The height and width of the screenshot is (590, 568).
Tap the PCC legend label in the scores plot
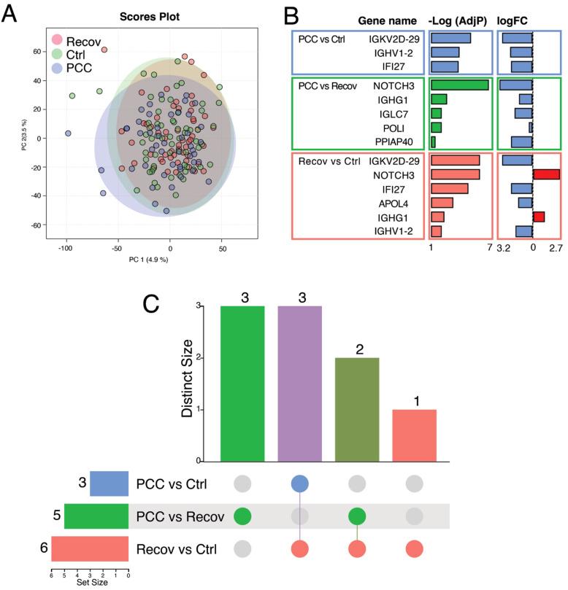click(x=80, y=69)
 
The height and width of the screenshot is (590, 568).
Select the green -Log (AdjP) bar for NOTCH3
click(x=459, y=85)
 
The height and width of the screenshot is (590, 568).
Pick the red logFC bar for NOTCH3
click(x=546, y=174)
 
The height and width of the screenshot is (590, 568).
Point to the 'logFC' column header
click(x=513, y=20)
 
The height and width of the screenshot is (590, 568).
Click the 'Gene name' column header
click(x=388, y=20)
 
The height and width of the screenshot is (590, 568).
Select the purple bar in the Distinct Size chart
click(x=300, y=384)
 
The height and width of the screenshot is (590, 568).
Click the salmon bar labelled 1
click(x=415, y=435)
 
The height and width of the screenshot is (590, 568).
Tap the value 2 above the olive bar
click(x=358, y=349)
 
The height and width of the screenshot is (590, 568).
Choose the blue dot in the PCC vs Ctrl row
click(x=300, y=484)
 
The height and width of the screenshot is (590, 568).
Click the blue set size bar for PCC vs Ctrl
click(x=109, y=484)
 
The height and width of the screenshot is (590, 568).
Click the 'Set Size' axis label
click(x=90, y=583)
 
